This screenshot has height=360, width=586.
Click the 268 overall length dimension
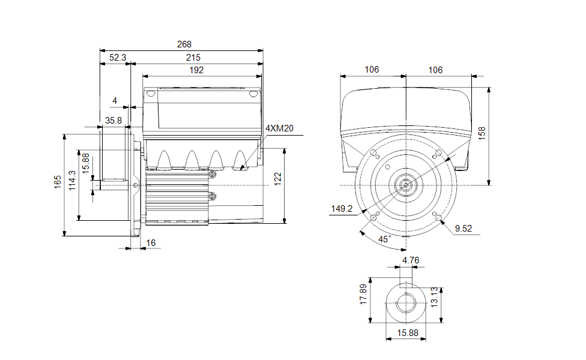coord(184,44)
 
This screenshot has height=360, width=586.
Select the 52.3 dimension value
coord(118,58)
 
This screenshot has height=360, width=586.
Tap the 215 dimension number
coord(193,58)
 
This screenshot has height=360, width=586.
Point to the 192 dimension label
coord(196,70)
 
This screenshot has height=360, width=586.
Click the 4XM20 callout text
coord(280,128)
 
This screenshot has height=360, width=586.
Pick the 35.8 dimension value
coord(113,121)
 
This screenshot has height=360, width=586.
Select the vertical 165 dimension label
coord(58,182)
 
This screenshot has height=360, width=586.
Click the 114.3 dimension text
coord(72,181)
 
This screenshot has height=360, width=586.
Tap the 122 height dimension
coord(277,179)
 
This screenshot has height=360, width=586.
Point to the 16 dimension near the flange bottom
coord(151,243)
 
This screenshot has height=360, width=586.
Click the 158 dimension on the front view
coord(482,133)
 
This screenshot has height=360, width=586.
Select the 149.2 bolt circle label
coord(342,209)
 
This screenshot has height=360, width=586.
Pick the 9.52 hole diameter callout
coord(464,229)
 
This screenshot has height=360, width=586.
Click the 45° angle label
coord(385,239)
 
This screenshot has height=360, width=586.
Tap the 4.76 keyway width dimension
coord(411,260)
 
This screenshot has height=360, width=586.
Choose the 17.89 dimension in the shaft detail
coord(363,294)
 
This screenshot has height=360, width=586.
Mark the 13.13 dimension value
coord(434,297)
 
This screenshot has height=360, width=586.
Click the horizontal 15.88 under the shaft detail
coord(408,333)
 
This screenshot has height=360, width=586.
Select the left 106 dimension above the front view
coord(372,70)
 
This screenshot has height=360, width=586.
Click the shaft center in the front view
coord(406,185)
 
